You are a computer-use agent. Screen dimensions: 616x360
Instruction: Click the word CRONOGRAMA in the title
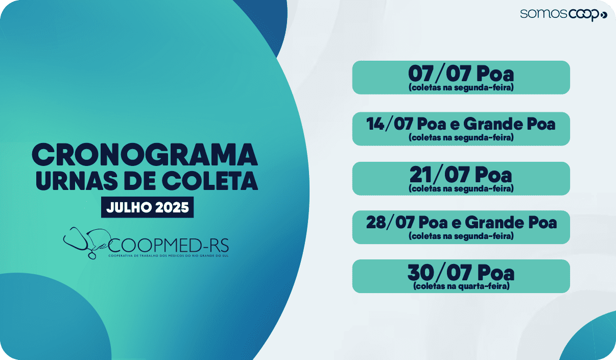point(145,155)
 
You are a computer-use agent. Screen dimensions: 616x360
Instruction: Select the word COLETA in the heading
point(210,180)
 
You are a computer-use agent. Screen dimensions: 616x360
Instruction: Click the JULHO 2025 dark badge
point(148,207)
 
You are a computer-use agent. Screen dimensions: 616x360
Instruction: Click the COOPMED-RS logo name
point(168,245)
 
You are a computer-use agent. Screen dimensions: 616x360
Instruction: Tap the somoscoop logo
point(563,14)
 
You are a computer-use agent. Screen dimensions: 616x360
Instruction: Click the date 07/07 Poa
point(461,74)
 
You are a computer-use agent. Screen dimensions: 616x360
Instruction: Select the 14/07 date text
point(390,124)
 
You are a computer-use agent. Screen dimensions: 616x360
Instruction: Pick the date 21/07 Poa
point(461,175)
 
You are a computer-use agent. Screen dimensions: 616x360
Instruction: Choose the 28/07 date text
point(390,222)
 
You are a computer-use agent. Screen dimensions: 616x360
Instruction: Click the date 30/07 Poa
point(461,273)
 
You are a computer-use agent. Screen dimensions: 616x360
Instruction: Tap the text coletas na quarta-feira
point(461,286)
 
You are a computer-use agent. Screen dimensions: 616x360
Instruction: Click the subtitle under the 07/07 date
point(461,88)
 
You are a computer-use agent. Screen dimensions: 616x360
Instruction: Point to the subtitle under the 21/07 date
point(461,188)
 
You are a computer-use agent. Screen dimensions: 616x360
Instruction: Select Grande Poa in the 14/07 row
point(510,124)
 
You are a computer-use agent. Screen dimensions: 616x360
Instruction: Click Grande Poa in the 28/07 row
point(511,222)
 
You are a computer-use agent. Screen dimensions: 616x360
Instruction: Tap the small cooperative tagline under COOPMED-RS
point(168,256)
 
